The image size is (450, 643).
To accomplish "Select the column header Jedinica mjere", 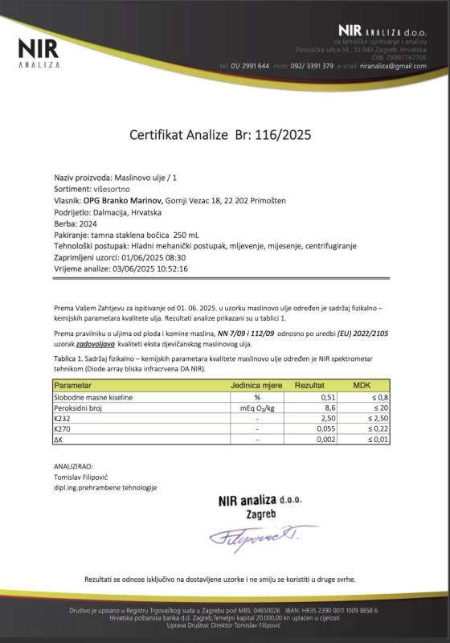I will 256,387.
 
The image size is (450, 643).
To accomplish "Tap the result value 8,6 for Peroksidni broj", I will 329,408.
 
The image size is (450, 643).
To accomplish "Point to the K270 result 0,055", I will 325,429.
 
